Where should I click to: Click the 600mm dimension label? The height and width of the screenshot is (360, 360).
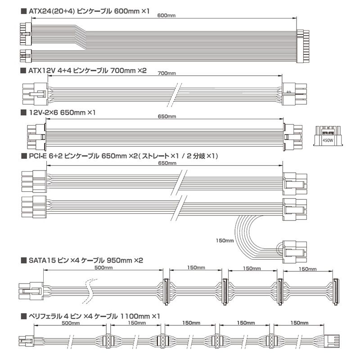click(x=166, y=16)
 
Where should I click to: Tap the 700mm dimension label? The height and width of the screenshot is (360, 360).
click(x=167, y=73)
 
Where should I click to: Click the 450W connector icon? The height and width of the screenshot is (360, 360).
click(x=328, y=136)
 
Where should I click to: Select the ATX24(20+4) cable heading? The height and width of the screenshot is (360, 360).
click(x=85, y=11)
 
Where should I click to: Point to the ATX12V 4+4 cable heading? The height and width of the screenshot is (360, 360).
click(x=84, y=71)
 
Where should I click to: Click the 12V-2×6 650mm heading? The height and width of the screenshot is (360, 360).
click(x=58, y=112)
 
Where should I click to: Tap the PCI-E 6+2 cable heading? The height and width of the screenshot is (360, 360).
click(x=119, y=156)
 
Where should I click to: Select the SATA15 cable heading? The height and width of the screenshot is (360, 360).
click(x=82, y=261)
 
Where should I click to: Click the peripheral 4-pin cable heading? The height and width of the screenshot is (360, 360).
click(x=90, y=316)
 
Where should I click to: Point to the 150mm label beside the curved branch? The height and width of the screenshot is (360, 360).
click(x=225, y=241)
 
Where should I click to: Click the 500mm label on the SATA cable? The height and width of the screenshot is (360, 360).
click(x=103, y=267)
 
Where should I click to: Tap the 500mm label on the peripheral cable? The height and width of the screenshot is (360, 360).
click(x=71, y=323)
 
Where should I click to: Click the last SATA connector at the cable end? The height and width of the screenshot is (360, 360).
click(x=336, y=292)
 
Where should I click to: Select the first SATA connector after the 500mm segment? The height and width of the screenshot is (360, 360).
click(x=166, y=292)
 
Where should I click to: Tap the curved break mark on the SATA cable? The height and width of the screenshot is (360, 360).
click(x=89, y=292)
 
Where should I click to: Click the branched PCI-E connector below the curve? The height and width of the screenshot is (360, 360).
click(x=295, y=252)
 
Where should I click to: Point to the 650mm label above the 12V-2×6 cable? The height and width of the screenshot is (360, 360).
click(x=167, y=117)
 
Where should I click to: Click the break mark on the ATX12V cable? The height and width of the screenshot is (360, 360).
click(x=175, y=94)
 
